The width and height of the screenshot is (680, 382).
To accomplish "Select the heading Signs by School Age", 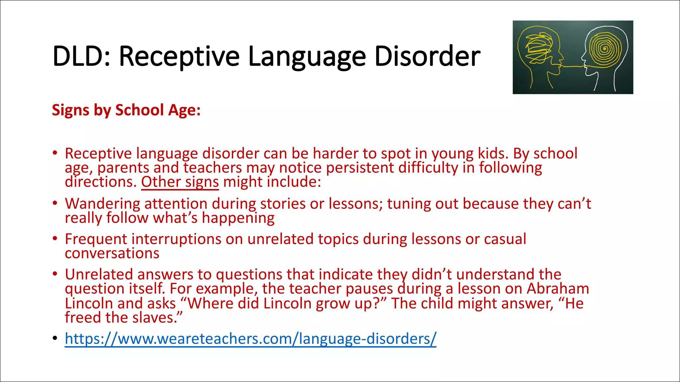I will (126, 110).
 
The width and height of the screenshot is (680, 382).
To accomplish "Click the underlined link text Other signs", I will (180, 182).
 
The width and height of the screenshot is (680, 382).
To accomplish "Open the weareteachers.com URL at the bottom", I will (250, 339).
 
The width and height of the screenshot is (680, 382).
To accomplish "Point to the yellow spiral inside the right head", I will (605, 49).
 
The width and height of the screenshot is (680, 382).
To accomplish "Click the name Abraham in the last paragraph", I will (558, 289).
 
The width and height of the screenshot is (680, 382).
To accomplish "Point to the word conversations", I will (112, 254).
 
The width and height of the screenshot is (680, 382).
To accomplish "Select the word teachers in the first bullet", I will (212, 168).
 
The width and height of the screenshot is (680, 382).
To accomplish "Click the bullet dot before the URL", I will (55, 339).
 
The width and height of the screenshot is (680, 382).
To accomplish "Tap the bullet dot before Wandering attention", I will (55, 203).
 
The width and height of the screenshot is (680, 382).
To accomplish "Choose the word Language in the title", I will (307, 56).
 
